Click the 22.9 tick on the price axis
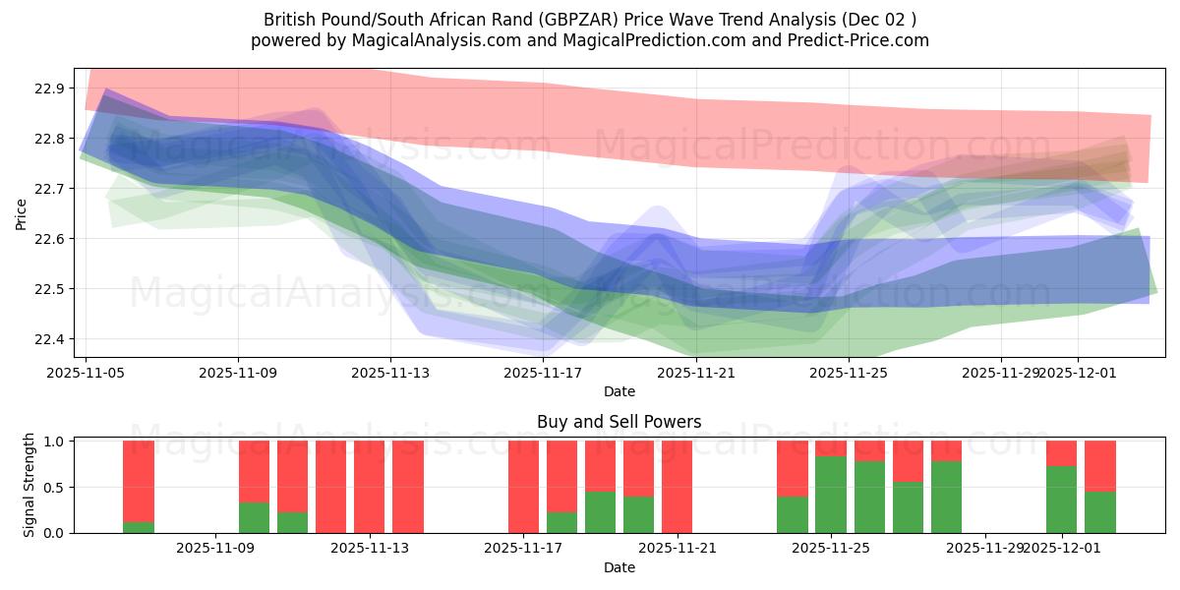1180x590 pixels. tap(50, 88)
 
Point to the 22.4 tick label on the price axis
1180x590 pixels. tap(50, 339)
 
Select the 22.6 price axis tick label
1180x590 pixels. tap(50, 239)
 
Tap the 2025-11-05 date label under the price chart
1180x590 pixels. tap(86, 374)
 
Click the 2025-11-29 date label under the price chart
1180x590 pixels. tap(1000, 374)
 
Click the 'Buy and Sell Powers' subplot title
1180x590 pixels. tap(619, 422)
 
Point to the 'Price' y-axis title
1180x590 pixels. tap(22, 213)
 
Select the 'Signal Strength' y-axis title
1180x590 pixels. tap(29, 485)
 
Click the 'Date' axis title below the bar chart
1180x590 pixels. tap(619, 567)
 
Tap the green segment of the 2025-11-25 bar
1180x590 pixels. tap(831, 495)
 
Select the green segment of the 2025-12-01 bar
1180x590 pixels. tap(1062, 500)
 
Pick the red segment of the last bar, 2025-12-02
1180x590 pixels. tap(1100, 465)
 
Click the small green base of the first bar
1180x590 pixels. tap(139, 527)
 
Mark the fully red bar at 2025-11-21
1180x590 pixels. tap(678, 487)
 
